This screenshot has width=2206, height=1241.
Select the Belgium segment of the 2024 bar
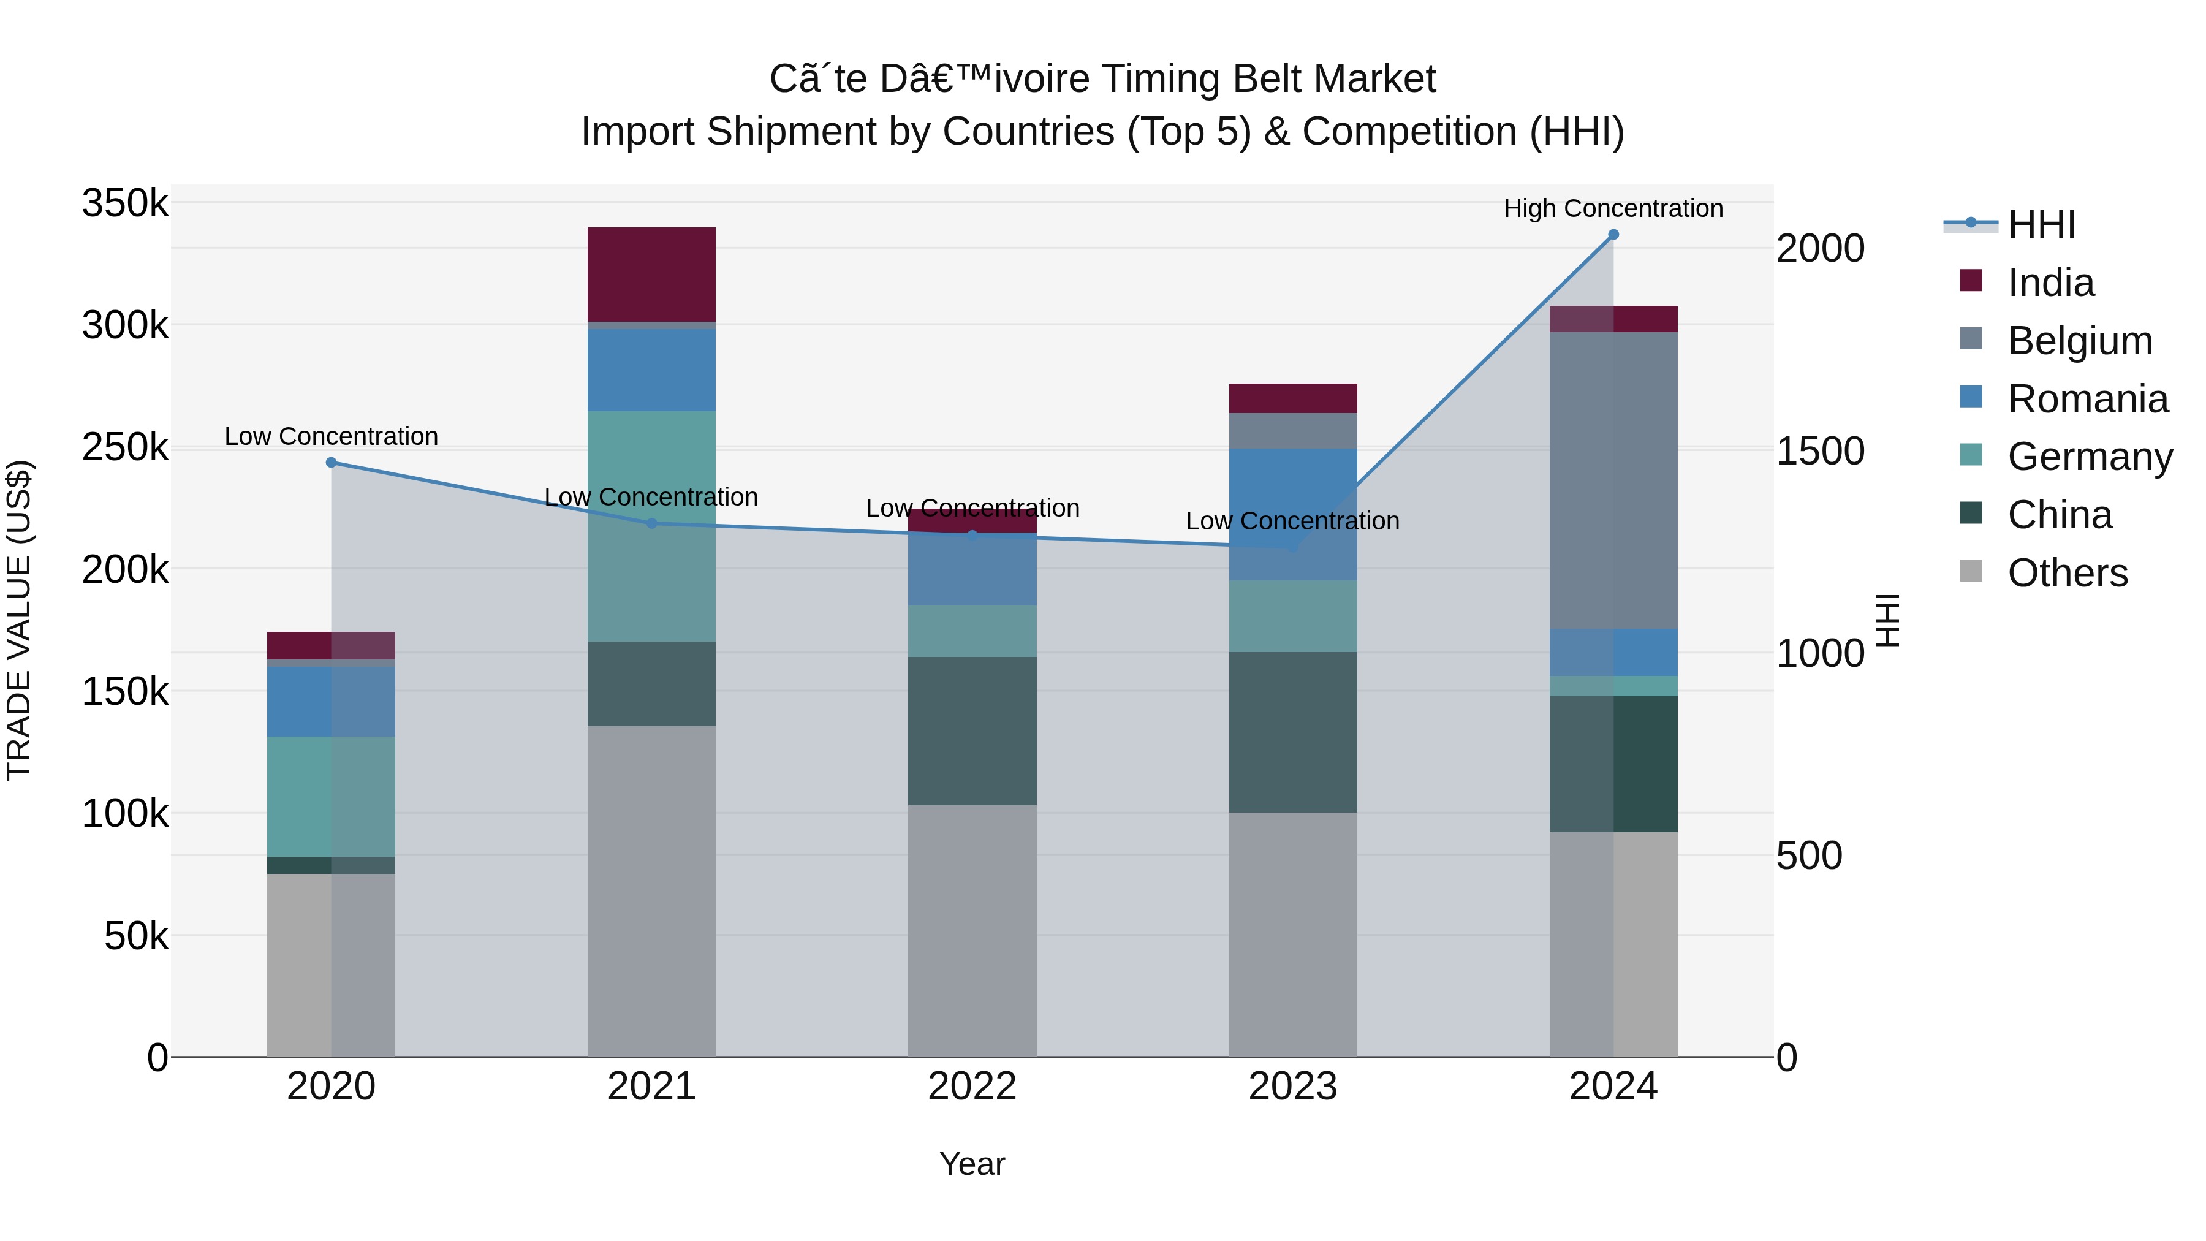coord(1613,480)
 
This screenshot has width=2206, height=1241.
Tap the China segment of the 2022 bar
coord(972,731)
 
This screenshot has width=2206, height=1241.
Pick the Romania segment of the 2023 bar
coord(1293,514)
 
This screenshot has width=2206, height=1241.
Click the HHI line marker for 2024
coord(1613,235)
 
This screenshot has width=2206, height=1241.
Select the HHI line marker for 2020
coord(332,463)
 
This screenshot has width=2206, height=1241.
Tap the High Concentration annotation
coord(1613,208)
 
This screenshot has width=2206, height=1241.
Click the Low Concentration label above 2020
coord(332,436)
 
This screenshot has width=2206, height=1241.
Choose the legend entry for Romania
coord(2088,399)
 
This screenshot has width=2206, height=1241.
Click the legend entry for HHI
coord(2042,224)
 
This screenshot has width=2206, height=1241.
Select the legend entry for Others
coord(2068,573)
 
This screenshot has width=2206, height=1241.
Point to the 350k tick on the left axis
coord(125,204)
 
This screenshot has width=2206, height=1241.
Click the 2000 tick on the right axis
coord(1821,248)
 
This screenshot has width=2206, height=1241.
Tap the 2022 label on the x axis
coord(972,1087)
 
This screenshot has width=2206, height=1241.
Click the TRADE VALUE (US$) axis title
coord(19,620)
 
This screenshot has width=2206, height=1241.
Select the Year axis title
coord(972,1164)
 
